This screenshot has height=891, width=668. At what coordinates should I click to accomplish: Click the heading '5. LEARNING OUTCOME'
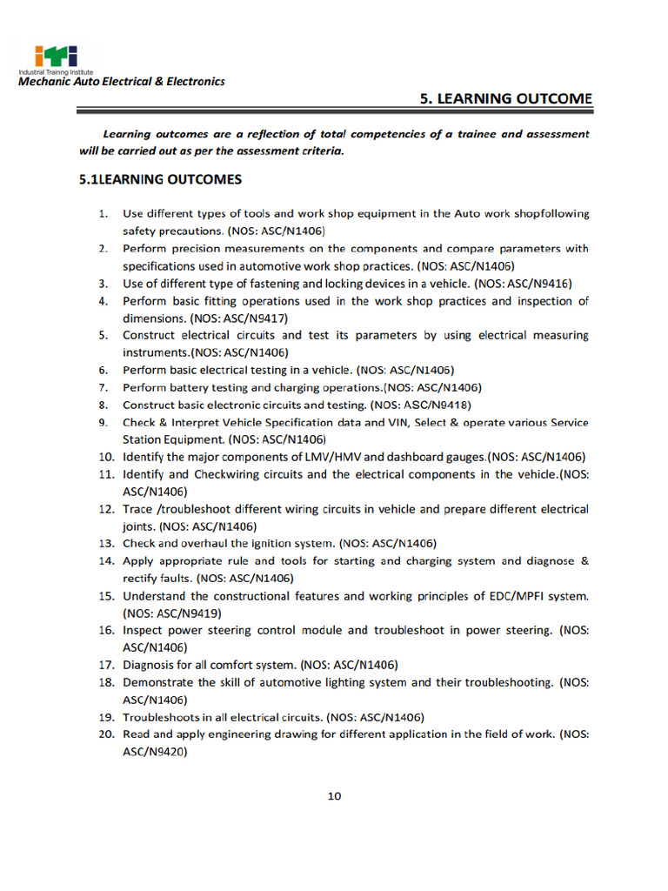pyautogui.click(x=506, y=98)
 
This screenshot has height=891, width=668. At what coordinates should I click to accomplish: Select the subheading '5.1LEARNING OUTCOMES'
pyautogui.click(x=160, y=180)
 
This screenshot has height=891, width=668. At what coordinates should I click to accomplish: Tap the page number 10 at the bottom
pyautogui.click(x=334, y=795)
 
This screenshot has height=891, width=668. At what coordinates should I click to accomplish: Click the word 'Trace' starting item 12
pyautogui.click(x=137, y=509)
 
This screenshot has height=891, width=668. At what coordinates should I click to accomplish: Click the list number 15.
pyautogui.click(x=106, y=596)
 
